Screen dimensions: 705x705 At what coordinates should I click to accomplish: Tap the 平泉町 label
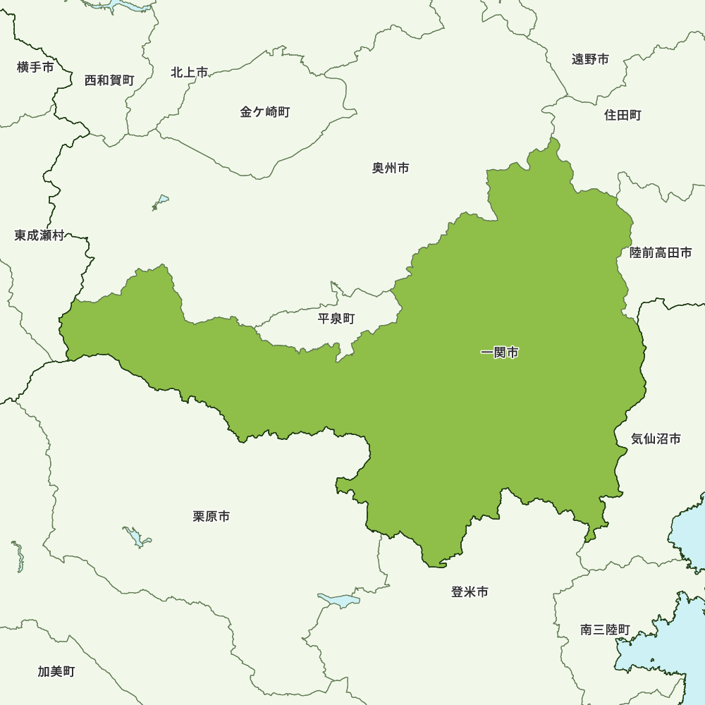coord(336,319)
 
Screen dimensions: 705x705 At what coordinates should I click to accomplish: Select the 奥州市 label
coord(391,168)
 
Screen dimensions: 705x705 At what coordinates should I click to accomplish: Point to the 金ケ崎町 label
coord(265,111)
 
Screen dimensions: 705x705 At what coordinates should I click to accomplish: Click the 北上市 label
coord(190,72)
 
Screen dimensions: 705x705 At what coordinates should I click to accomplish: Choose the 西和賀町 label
coord(109,80)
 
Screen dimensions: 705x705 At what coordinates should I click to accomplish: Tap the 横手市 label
coord(35,68)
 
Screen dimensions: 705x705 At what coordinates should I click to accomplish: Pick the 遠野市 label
coord(590,59)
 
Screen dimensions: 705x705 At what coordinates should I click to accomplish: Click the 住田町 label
coord(623,115)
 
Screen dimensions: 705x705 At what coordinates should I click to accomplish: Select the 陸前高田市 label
coord(661,252)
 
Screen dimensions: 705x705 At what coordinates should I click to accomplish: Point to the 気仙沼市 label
coord(656,439)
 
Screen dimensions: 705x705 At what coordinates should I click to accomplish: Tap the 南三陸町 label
coord(606,630)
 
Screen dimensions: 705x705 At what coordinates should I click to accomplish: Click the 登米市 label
coord(470,592)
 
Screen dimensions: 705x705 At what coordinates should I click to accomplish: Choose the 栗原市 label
coord(211,517)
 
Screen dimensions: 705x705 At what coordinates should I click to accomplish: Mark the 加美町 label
coord(56,671)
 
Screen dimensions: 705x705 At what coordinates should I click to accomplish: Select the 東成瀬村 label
coord(39,235)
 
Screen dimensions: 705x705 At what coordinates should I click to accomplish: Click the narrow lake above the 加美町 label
coord(18,556)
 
